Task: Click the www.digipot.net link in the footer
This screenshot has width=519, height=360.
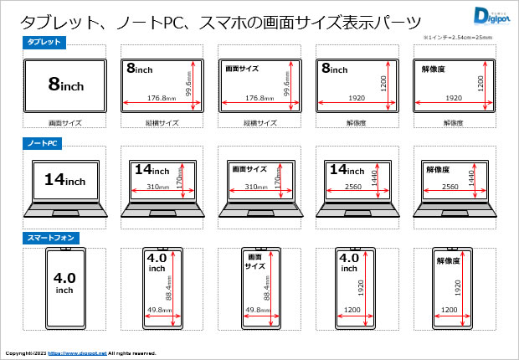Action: (77, 353)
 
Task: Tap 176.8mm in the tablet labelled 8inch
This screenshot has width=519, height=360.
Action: (160, 98)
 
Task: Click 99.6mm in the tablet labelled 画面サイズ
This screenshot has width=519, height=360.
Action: (287, 84)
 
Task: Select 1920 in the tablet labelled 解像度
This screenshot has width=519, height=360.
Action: (453, 98)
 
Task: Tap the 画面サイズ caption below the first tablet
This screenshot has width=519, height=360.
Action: (64, 122)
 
